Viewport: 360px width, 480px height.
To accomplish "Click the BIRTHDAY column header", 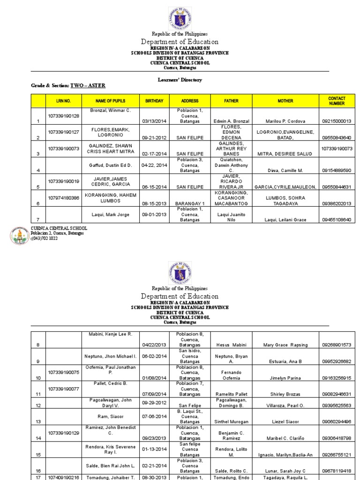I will (x=154, y=101).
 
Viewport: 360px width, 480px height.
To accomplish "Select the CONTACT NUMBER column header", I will (x=337, y=101).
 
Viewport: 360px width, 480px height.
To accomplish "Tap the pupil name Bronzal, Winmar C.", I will (x=110, y=110).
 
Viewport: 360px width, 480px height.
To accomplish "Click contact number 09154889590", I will (x=337, y=170).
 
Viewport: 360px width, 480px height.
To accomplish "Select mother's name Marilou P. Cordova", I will (x=285, y=121).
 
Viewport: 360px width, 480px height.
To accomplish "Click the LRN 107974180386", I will (x=63, y=198).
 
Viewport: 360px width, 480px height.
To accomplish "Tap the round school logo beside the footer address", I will (x=19, y=236).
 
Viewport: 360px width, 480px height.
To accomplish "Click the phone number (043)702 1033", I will (x=45, y=238).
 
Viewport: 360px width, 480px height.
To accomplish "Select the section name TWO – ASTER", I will (x=88, y=85).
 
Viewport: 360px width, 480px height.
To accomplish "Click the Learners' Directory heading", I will (x=180, y=80).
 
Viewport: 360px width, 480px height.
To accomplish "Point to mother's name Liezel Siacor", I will (x=285, y=421).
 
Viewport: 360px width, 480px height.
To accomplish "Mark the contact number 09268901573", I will (x=337, y=345).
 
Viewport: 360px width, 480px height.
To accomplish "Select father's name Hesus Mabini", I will (x=231, y=345).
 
